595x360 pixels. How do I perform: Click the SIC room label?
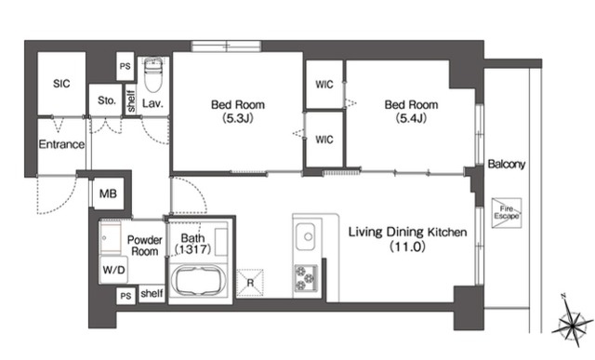point(61,84)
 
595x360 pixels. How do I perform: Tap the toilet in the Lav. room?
point(153,74)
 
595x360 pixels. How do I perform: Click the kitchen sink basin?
point(305,236)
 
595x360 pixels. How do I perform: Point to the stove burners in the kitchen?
point(306,278)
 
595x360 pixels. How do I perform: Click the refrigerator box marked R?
point(250,283)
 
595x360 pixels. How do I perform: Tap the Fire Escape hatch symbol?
point(507,213)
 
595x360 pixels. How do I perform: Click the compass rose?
point(572,323)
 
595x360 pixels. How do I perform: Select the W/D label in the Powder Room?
point(113,270)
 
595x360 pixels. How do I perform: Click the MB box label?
point(108,194)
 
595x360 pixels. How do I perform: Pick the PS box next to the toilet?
point(125,66)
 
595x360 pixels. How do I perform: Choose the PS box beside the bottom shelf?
point(126,296)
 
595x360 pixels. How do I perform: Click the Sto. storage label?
point(107,100)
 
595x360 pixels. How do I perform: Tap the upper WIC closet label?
point(324,85)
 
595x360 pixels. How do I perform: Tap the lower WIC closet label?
point(324,140)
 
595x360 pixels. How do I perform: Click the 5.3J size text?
point(238,118)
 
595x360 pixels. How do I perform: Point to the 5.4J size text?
point(411,118)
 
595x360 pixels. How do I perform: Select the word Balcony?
point(507,164)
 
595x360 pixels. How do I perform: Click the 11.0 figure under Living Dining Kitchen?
point(408,247)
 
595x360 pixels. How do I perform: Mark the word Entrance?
point(61,144)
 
